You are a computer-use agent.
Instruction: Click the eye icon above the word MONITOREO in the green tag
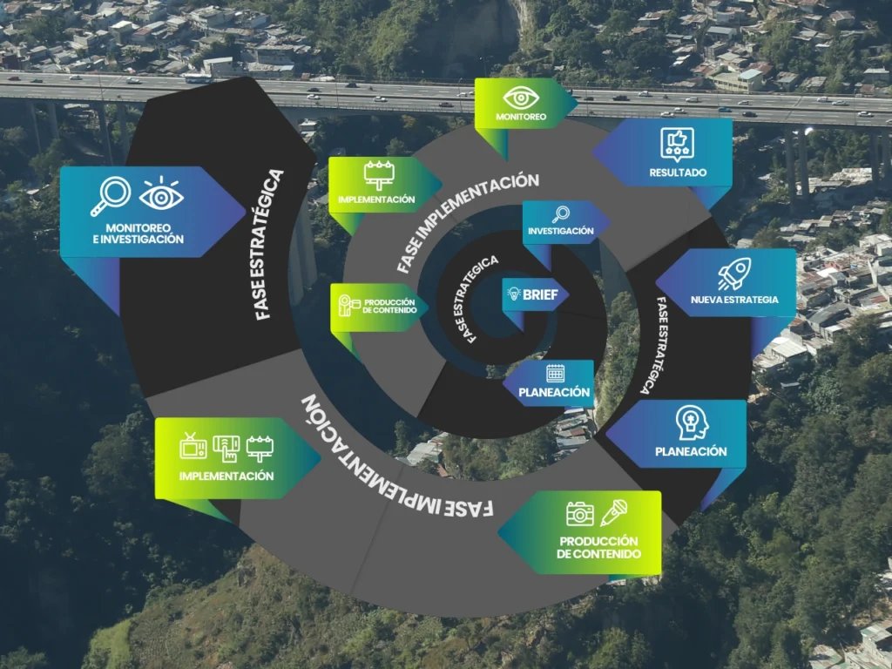tap(521, 97)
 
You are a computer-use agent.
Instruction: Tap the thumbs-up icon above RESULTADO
tap(677, 142)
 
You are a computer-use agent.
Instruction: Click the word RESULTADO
tap(678, 172)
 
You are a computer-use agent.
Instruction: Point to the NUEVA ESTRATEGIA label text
tap(734, 301)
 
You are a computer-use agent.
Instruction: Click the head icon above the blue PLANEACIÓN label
tap(691, 423)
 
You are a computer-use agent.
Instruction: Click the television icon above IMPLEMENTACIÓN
tap(193, 446)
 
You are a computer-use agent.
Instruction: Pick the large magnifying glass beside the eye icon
tap(111, 196)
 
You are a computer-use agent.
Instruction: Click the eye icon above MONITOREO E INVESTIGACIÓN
tap(161, 196)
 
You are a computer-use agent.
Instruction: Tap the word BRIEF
tap(540, 294)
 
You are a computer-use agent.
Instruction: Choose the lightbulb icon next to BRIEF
tap(513, 294)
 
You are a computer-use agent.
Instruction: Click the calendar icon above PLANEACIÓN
tap(556, 374)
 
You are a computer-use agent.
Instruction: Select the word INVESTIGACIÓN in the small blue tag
tap(560, 231)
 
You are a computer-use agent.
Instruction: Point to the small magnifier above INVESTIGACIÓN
tap(560, 213)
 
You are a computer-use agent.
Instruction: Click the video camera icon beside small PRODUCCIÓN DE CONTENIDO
tap(346, 306)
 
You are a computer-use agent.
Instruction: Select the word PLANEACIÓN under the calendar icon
tap(555, 393)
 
